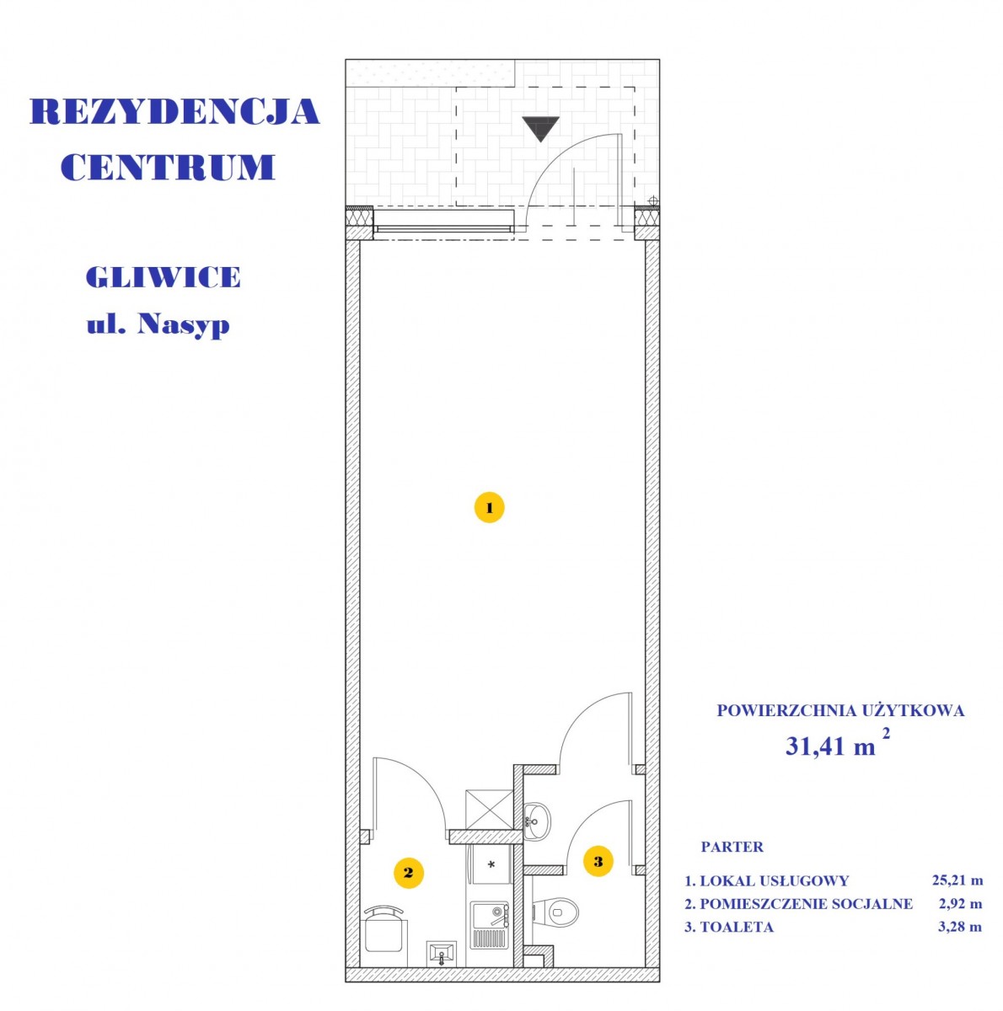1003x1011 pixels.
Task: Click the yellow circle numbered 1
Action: pyautogui.click(x=489, y=507)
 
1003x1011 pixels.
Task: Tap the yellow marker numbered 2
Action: pyautogui.click(x=409, y=873)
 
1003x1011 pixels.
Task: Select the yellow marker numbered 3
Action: pyautogui.click(x=598, y=861)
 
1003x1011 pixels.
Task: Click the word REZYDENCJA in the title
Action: pyautogui.click(x=174, y=111)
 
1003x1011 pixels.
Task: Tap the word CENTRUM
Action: pyautogui.click(x=168, y=168)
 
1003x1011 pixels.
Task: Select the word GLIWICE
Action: pyautogui.click(x=164, y=276)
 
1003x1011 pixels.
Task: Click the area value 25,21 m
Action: pyautogui.click(x=957, y=880)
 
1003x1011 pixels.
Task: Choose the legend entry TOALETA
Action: pyautogui.click(x=737, y=927)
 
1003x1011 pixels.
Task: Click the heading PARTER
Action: pyautogui.click(x=732, y=847)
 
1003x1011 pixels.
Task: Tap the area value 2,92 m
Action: pyautogui.click(x=961, y=903)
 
